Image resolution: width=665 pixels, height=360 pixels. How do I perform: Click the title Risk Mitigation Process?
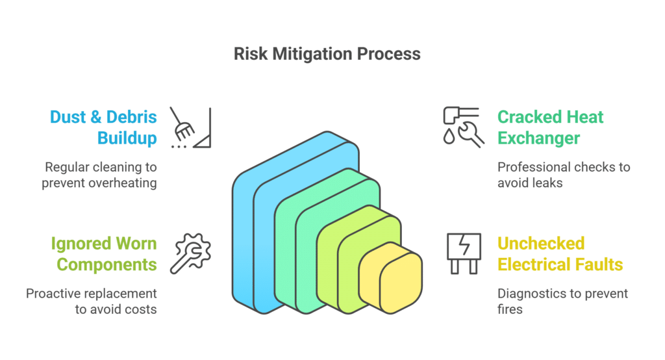coord(327,53)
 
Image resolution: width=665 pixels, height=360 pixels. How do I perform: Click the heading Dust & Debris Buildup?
coord(103,127)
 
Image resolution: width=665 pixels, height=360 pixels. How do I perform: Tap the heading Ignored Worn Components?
coord(104,254)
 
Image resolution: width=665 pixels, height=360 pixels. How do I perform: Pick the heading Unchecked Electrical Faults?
coord(560,254)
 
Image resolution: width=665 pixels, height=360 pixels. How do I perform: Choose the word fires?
coord(510,309)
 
